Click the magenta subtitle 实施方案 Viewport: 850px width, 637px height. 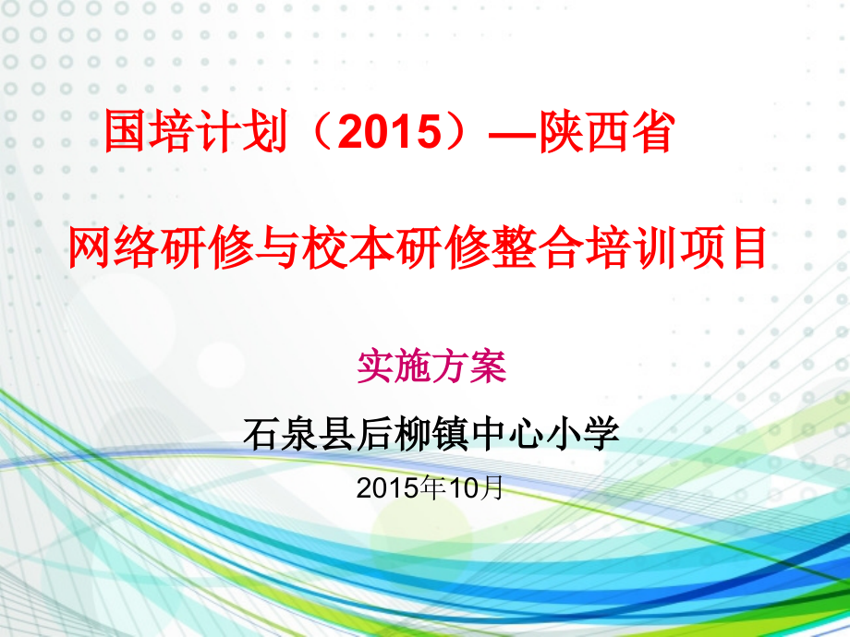(x=431, y=367)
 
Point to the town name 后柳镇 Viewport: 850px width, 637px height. (x=412, y=434)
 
